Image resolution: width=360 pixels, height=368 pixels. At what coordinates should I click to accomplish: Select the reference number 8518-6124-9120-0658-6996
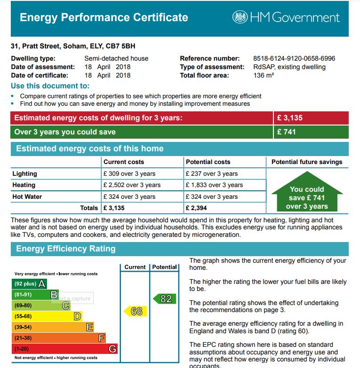coord(294,59)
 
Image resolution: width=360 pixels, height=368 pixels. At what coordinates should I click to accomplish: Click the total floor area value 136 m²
coord(264,75)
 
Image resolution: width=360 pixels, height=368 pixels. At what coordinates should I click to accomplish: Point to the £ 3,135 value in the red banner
coord(290,118)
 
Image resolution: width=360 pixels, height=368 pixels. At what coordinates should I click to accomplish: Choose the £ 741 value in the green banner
coord(287,132)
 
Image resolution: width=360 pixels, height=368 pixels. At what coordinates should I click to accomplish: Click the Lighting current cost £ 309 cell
coord(129,173)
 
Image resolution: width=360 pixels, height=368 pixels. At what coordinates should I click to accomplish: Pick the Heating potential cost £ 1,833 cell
coord(214,185)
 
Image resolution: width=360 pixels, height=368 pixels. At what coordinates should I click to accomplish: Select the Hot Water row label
coord(27,197)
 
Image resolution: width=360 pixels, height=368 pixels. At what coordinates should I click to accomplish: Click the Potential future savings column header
coord(307,162)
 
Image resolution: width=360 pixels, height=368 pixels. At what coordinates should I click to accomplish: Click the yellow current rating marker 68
coord(136,311)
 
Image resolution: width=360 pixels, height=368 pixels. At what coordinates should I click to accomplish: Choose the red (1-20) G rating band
coord(64,349)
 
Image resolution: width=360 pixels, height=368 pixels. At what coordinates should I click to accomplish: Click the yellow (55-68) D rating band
coord(47,316)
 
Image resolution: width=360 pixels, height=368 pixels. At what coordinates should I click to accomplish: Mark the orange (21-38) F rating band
coord(58,338)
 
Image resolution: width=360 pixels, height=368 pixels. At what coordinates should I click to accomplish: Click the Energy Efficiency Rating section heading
coord(66,249)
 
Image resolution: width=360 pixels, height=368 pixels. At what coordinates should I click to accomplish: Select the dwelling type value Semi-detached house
coord(116,59)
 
